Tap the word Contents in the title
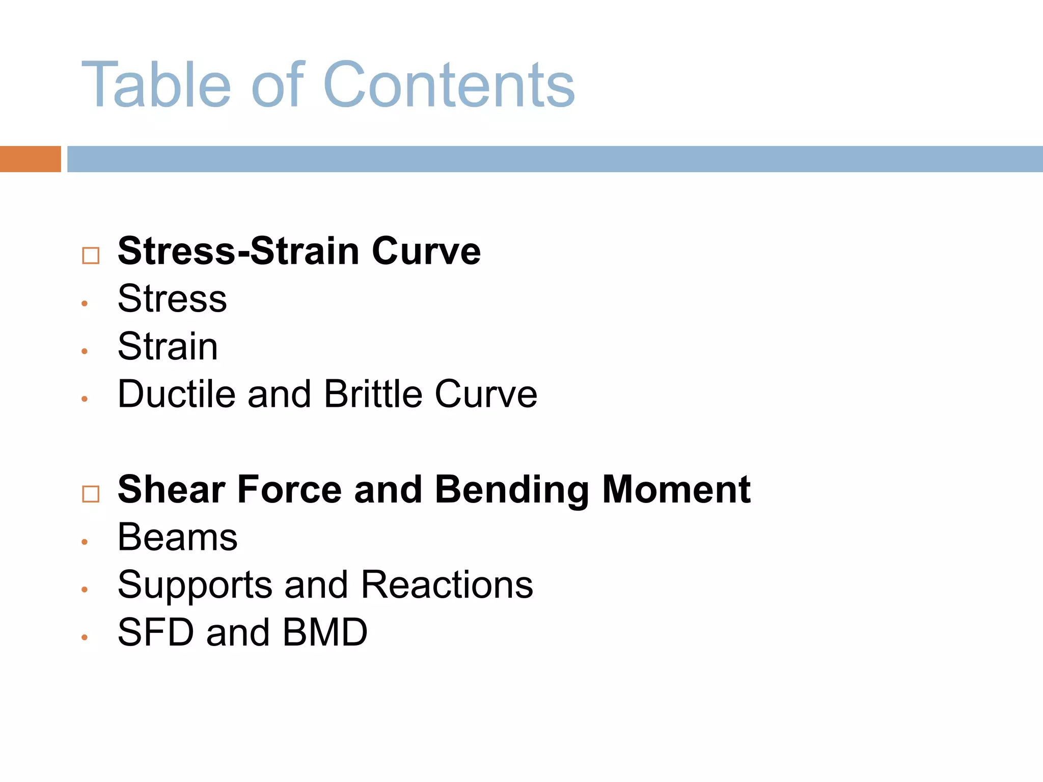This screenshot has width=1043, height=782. (449, 85)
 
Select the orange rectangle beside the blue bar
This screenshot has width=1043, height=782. (30, 159)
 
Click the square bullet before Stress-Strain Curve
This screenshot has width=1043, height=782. (91, 255)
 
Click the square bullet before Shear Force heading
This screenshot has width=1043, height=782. (91, 493)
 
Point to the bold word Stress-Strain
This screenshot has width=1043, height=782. (238, 251)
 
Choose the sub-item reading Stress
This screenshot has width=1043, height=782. (172, 298)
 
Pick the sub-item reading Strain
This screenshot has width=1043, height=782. (168, 346)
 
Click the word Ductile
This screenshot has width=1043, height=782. (176, 394)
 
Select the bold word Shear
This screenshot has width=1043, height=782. (172, 489)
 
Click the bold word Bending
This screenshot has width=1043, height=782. (512, 490)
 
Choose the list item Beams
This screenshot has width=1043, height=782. (177, 537)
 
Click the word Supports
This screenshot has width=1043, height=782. (195, 585)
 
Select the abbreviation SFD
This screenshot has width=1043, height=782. (156, 632)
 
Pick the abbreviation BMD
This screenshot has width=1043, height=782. (325, 632)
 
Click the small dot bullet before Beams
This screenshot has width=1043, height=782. (85, 542)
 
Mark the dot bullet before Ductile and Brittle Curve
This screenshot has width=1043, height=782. (85, 399)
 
